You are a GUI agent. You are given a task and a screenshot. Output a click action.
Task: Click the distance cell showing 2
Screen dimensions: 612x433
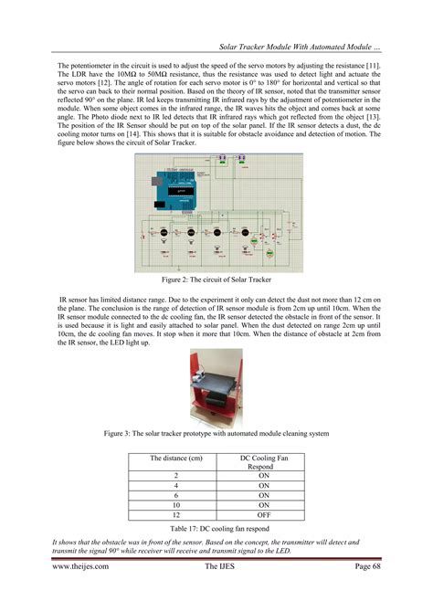coord(175,476)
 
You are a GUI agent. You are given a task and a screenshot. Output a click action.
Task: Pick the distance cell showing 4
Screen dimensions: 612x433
coord(175,485)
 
